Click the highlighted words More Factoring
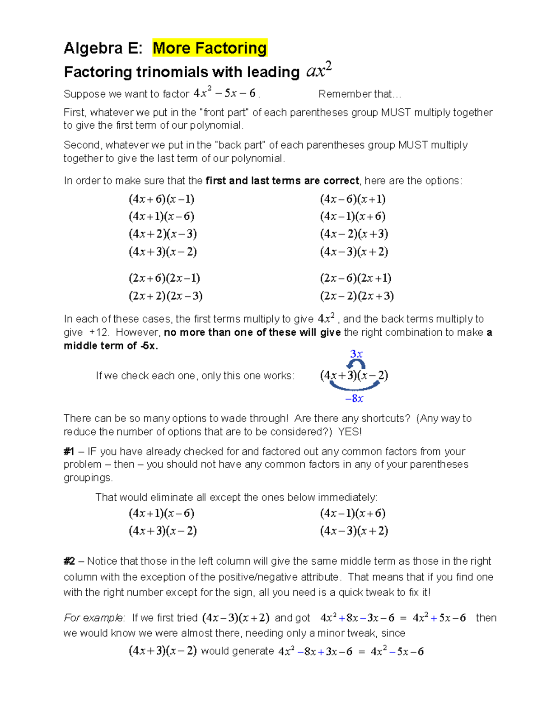(210, 48)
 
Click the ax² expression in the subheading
(319, 70)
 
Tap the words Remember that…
(360, 94)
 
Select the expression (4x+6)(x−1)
(162, 199)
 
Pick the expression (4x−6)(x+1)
(353, 199)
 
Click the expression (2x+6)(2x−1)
(164, 278)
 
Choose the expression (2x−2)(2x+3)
(357, 296)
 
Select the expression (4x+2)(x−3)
(163, 234)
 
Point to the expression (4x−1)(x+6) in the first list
(353, 216)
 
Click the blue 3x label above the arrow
(356, 354)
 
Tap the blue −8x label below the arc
(354, 399)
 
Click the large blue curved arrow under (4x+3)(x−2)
(355, 386)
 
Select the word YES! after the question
(350, 432)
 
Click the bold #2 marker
(69, 561)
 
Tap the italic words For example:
(94, 618)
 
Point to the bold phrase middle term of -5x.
(111, 346)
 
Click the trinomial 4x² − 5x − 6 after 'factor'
(224, 93)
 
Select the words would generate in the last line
(238, 651)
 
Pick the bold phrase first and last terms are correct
(282, 181)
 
